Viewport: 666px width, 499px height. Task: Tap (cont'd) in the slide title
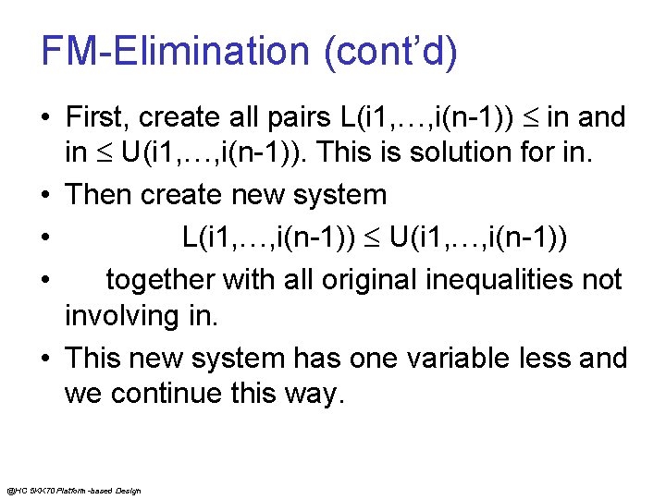(x=389, y=52)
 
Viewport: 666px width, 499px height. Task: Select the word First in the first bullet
(x=95, y=117)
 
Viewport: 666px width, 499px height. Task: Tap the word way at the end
(x=314, y=396)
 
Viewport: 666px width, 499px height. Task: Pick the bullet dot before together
(x=45, y=280)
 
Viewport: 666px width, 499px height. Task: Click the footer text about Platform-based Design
(x=73, y=490)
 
